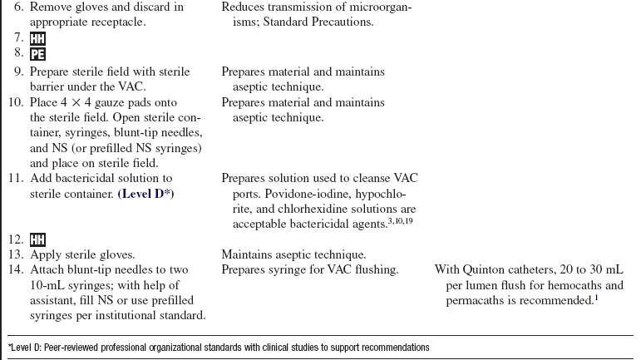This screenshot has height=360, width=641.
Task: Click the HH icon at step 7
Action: pyautogui.click(x=38, y=39)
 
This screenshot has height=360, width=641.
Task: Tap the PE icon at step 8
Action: pyautogui.click(x=38, y=55)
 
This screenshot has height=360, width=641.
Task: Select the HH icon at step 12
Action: pyautogui.click(x=38, y=239)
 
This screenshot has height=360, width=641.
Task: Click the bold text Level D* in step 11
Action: pyautogui.click(x=146, y=193)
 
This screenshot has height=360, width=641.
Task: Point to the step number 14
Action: pyautogui.click(x=15, y=270)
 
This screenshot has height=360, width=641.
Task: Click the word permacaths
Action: pyautogui.click(x=478, y=300)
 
